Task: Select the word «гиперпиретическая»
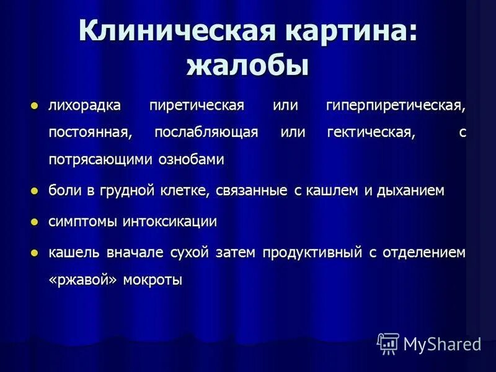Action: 396,105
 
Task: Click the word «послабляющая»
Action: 206,133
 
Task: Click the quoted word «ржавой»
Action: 82,280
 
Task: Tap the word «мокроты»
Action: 153,280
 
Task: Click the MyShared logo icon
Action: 388,343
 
